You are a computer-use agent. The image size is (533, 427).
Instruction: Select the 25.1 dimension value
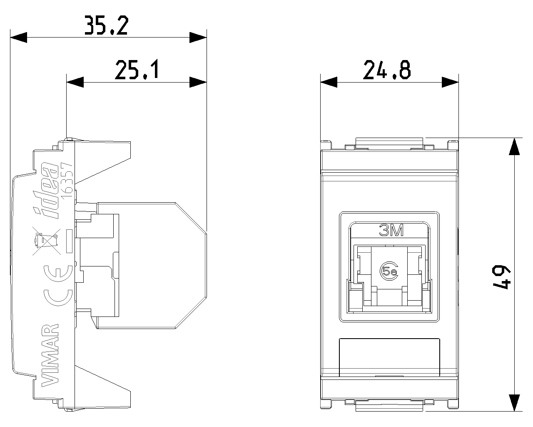pyautogui.click(x=137, y=70)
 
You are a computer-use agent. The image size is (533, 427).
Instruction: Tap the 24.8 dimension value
pyautogui.click(x=387, y=70)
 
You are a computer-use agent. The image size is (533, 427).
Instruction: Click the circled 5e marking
pyautogui.click(x=389, y=271)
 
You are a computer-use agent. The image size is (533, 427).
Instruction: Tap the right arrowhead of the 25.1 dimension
pyautogui.click(x=198, y=82)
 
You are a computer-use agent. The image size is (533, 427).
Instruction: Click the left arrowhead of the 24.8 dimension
pyautogui.click(x=329, y=82)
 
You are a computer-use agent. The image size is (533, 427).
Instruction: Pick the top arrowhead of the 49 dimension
pyautogui.click(x=515, y=147)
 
